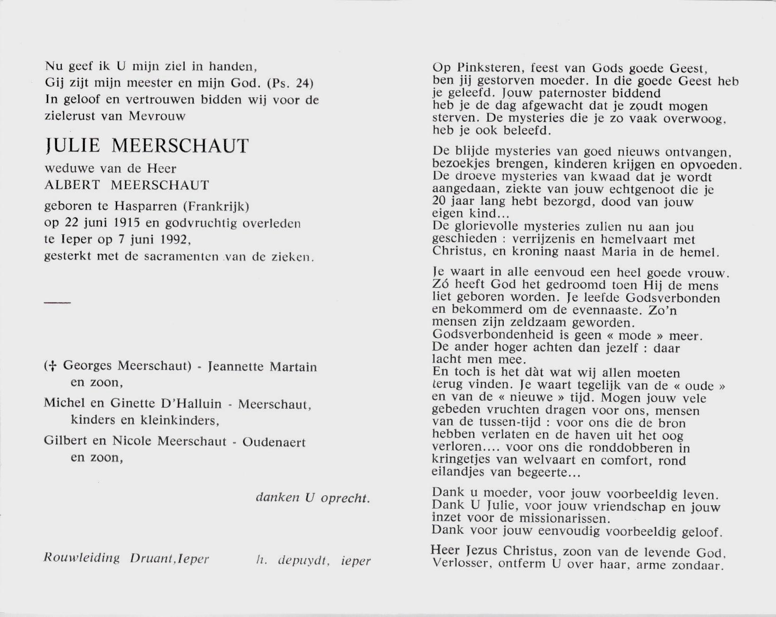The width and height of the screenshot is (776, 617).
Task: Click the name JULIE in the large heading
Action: [x=72, y=146]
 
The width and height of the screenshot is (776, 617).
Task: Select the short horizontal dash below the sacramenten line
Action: [x=57, y=302]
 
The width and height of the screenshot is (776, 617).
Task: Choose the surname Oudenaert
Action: [x=274, y=442]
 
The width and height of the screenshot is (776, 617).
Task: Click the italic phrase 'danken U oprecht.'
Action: [x=312, y=498]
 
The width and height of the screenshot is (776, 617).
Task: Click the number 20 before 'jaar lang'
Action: [x=440, y=202]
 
